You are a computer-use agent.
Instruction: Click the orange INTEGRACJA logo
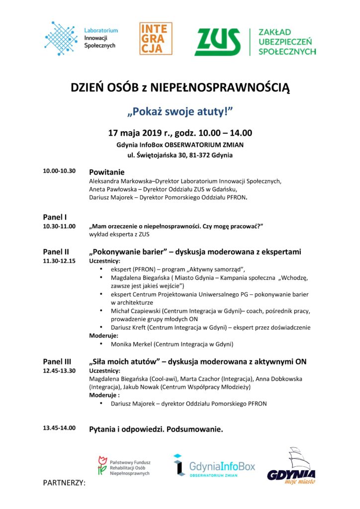click(x=156, y=38)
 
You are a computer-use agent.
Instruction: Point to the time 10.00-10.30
click(x=59, y=171)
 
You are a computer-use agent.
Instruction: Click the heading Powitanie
click(x=106, y=171)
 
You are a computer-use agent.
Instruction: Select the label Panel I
click(x=55, y=217)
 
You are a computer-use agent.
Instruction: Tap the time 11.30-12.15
click(x=59, y=260)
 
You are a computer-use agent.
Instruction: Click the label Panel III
click(x=57, y=361)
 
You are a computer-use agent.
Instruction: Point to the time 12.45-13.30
click(x=59, y=371)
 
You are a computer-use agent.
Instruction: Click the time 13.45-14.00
click(x=59, y=428)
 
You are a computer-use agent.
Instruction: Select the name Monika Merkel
click(x=131, y=344)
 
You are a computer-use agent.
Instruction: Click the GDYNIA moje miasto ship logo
click(x=291, y=466)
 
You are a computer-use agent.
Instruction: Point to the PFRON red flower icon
click(x=102, y=465)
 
